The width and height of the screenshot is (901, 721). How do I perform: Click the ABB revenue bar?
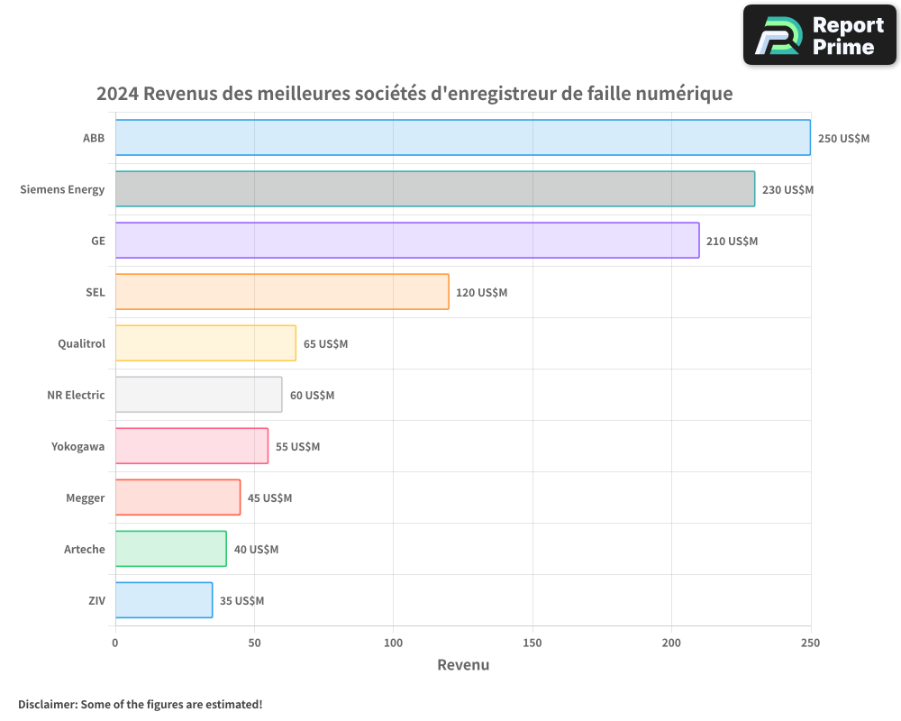click(x=462, y=138)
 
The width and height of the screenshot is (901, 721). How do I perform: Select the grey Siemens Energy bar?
click(x=434, y=189)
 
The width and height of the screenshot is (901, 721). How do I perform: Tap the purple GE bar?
click(x=406, y=241)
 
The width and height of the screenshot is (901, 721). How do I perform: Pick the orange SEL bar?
click(x=281, y=292)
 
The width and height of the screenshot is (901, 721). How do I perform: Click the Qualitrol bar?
click(x=205, y=343)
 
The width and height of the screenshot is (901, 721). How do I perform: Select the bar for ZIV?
click(x=163, y=600)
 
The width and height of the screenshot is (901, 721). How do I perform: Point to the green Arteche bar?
click(x=170, y=549)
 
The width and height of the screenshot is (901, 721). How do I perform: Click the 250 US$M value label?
click(x=843, y=139)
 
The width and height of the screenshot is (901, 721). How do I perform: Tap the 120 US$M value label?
click(x=481, y=293)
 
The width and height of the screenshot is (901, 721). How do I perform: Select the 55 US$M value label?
click(x=297, y=447)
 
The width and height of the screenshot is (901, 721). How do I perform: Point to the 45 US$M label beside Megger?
click(x=269, y=498)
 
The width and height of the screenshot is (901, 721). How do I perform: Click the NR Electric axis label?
click(x=76, y=395)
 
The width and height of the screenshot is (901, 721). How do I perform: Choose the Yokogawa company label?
click(x=77, y=446)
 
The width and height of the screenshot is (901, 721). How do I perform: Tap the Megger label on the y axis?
click(x=85, y=497)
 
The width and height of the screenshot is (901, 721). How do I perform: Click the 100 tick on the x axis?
click(x=393, y=643)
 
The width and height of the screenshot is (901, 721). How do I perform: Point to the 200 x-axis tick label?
click(x=671, y=643)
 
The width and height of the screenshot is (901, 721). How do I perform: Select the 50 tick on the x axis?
click(x=254, y=643)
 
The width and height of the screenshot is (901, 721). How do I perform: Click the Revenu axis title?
click(x=463, y=665)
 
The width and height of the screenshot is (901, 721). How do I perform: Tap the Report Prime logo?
click(x=820, y=35)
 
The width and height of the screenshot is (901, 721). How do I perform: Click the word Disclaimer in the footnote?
click(x=46, y=704)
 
